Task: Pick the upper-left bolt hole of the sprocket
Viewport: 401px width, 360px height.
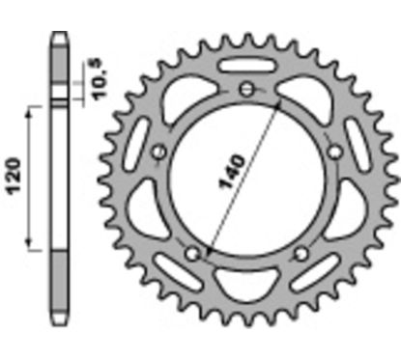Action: pyautogui.click(x=159, y=152)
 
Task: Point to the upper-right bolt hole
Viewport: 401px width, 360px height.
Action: pyautogui.click(x=334, y=152)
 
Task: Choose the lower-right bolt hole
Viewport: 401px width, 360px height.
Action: pyautogui.click(x=301, y=254)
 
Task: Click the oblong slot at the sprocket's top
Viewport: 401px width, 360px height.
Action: pyautogui.click(x=247, y=66)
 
